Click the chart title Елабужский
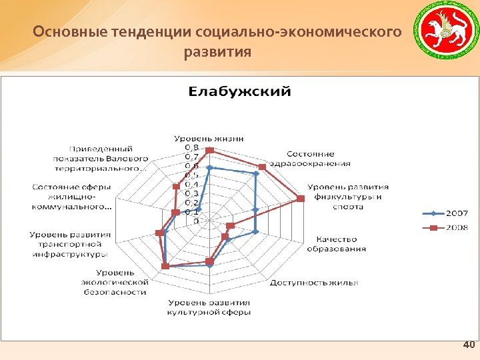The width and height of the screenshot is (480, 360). [x=240, y=91]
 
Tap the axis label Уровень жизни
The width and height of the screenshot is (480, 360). [x=209, y=138]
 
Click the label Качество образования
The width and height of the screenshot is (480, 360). [x=336, y=244]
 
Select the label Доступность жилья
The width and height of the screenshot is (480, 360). [x=313, y=282]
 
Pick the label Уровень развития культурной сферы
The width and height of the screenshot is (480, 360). [x=209, y=307]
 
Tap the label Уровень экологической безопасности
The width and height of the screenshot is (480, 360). [x=122, y=282]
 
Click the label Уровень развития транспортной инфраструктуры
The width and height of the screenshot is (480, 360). [x=70, y=244]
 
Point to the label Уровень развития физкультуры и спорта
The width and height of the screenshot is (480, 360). [x=347, y=197]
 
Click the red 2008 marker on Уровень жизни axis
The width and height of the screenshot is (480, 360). [x=209, y=150]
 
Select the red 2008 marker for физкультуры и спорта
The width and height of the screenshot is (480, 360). [x=301, y=199]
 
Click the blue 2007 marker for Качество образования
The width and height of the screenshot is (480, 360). [x=255, y=232]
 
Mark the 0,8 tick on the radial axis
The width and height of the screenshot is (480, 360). [x=191, y=147]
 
